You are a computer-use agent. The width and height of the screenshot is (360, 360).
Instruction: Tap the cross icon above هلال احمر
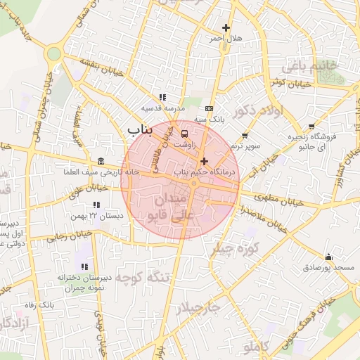(x=226, y=27)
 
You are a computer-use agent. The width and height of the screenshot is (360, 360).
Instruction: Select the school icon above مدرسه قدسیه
(x=162, y=97)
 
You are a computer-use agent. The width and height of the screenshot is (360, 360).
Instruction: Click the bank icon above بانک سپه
(x=209, y=109)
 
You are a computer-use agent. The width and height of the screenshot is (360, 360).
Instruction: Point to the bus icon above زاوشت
(x=184, y=133)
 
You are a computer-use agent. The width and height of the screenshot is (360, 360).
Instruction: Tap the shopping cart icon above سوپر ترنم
(x=244, y=135)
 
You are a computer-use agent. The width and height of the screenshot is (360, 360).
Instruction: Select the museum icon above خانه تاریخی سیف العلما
(x=101, y=161)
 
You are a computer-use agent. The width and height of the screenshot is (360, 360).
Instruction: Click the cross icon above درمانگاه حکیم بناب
(x=204, y=161)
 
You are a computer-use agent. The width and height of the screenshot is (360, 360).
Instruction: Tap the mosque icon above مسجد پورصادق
(x=328, y=257)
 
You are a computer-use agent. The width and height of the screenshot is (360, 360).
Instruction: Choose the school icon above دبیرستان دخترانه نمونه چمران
(x=84, y=266)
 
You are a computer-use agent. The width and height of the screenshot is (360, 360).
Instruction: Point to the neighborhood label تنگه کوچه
(x=143, y=277)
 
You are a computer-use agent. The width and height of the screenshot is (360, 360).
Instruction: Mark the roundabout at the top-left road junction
(x=53, y=53)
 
